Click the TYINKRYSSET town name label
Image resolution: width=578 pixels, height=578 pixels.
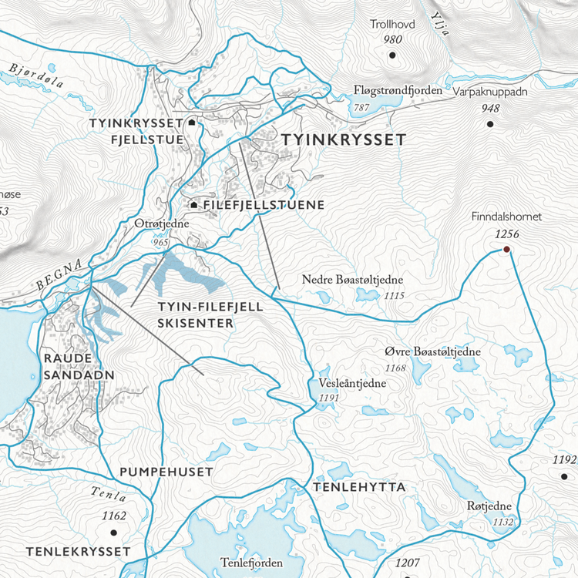tap(343, 139)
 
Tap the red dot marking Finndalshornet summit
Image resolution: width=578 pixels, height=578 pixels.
tap(507, 250)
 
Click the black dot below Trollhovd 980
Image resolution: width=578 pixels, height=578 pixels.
tap(392, 55)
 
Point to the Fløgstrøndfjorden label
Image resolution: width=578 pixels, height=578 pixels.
tap(398, 91)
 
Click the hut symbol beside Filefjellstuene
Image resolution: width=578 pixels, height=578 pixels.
tap(194, 205)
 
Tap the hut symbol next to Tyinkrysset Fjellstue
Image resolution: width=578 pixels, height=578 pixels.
tap(191, 123)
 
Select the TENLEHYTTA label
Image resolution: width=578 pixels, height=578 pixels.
tap(358, 488)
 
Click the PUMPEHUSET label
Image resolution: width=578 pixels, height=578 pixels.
tap(166, 471)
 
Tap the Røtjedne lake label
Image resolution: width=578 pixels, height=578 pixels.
tap(489, 506)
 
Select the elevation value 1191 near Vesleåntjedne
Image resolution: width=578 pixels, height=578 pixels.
tap(328, 398)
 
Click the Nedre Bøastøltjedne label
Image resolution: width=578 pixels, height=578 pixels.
tap(353, 280)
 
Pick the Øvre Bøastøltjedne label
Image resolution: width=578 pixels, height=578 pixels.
tap(432, 352)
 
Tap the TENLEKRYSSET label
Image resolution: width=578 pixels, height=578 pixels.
tap(78, 552)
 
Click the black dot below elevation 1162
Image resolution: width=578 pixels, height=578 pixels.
tap(113, 532)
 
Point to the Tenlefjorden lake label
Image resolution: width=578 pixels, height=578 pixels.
tap(246, 563)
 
